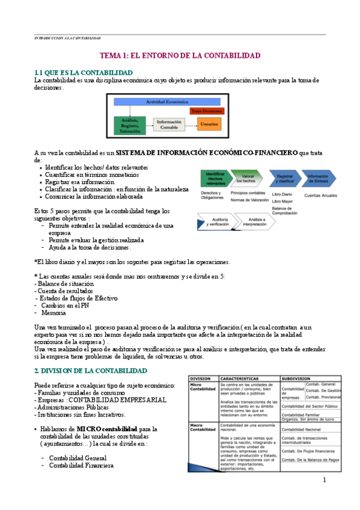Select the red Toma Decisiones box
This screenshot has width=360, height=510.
click(x=207, y=111)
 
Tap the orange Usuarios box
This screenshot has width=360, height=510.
click(x=209, y=124)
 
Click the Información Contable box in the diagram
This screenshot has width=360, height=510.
click(x=169, y=124)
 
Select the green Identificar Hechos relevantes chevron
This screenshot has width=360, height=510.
click(x=214, y=179)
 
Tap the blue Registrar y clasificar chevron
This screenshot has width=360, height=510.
click(x=283, y=179)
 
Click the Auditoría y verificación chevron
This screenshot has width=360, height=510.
click(x=215, y=222)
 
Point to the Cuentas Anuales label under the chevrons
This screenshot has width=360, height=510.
click(x=321, y=195)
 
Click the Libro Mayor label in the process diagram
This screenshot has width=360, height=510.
click(x=282, y=201)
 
